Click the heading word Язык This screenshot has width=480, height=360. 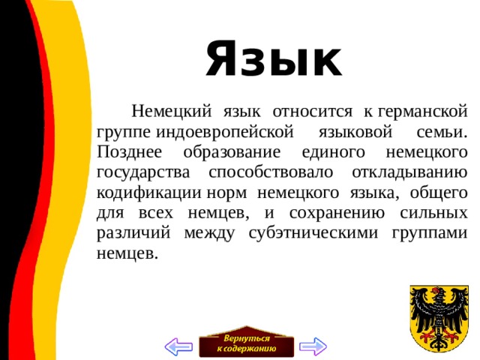pos(274,60)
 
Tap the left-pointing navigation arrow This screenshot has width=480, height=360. pos(178,346)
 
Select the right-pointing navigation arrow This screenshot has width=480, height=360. pos(313,346)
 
